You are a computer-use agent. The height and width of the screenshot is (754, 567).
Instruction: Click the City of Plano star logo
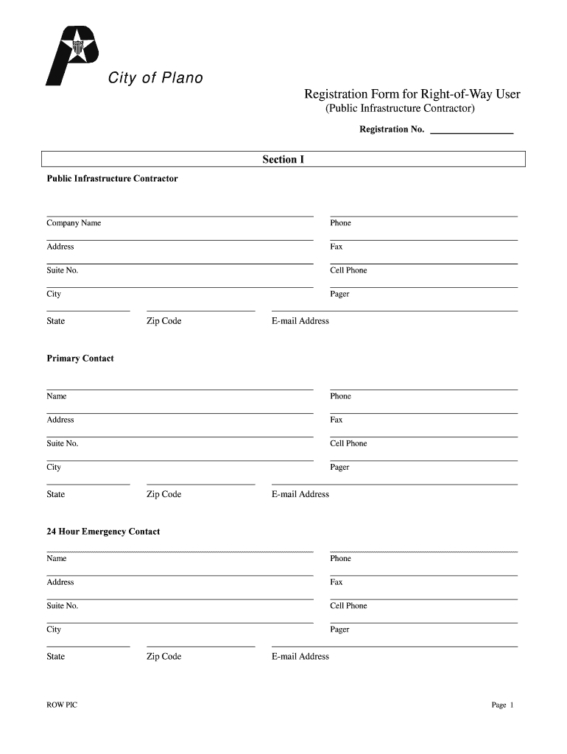pyautogui.click(x=74, y=53)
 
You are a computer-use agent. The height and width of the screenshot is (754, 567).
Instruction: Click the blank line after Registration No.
pyautogui.click(x=471, y=130)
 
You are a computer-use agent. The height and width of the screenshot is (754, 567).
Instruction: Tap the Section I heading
pyautogui.click(x=283, y=160)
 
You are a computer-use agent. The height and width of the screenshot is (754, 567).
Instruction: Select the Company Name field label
pyautogui.click(x=74, y=223)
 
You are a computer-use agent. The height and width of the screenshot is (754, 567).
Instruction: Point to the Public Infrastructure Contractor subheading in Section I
pyautogui.click(x=112, y=179)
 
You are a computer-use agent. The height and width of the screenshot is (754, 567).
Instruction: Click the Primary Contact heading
pyautogui.click(x=80, y=359)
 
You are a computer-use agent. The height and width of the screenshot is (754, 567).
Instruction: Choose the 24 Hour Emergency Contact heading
pyautogui.click(x=103, y=532)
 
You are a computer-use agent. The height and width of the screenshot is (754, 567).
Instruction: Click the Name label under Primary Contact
pyautogui.click(x=57, y=396)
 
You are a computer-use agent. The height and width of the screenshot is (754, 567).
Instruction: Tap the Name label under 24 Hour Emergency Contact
pyautogui.click(x=57, y=558)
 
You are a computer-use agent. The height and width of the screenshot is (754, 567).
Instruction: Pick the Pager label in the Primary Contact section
pyautogui.click(x=339, y=468)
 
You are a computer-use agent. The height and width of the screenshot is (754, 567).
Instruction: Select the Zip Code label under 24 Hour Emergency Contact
pyautogui.click(x=163, y=657)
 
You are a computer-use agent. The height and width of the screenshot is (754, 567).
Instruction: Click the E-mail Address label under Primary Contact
pyautogui.click(x=300, y=494)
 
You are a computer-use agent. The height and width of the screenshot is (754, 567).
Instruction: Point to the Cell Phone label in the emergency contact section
pyautogui.click(x=348, y=606)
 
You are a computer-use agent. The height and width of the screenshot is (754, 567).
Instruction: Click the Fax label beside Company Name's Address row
pyautogui.click(x=337, y=247)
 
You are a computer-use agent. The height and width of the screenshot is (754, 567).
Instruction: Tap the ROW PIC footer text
pyautogui.click(x=62, y=705)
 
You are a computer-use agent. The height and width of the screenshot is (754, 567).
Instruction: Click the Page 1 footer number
pyautogui.click(x=502, y=705)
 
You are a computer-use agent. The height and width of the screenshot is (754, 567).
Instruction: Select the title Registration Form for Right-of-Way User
pyautogui.click(x=412, y=94)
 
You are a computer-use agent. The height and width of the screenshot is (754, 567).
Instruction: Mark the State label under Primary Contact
pyautogui.click(x=56, y=494)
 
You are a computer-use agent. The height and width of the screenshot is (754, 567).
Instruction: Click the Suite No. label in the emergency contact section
pyautogui.click(x=63, y=606)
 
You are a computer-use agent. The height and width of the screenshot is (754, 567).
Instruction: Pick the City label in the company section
pyautogui.click(x=54, y=294)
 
